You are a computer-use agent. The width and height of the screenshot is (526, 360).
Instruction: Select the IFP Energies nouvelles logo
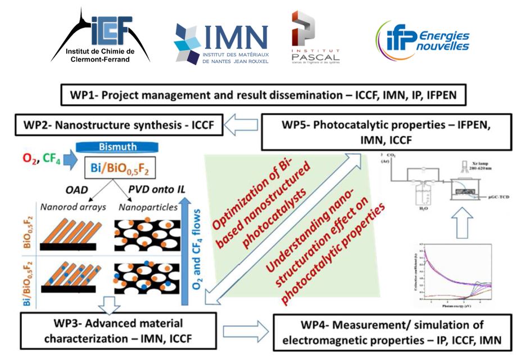[x=422, y=39]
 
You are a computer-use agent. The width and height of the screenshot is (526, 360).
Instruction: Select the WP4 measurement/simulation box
[x=393, y=332]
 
